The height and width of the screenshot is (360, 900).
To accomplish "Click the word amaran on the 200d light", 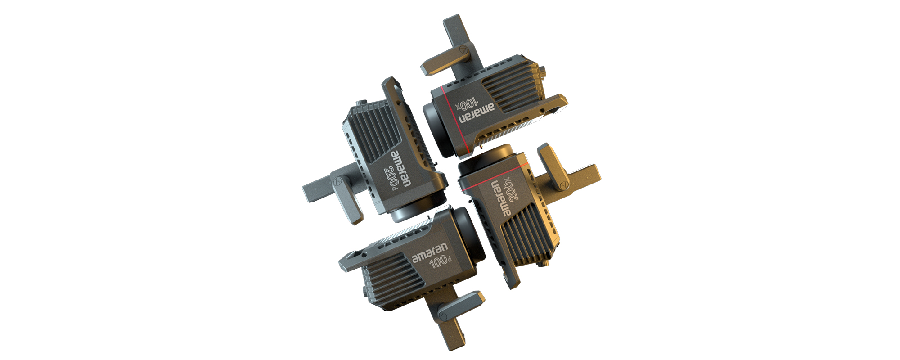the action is [x=402, y=169].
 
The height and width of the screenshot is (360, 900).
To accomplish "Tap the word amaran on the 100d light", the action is [x=430, y=252].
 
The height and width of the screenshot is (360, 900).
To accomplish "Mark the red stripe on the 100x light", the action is [x=454, y=119].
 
